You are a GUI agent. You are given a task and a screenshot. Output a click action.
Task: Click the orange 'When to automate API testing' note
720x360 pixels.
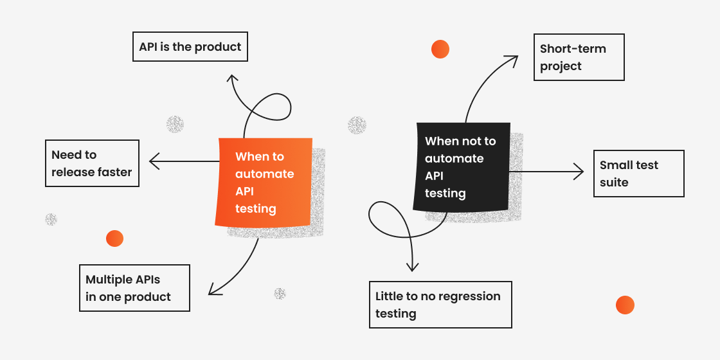click(264, 182)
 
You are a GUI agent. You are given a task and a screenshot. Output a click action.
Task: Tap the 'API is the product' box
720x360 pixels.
click(190, 47)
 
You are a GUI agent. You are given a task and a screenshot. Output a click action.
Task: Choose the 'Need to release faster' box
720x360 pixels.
click(92, 163)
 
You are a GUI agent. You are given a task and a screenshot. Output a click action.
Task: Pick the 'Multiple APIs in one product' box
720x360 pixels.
click(134, 288)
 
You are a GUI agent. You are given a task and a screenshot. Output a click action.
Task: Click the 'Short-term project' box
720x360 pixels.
click(579, 57)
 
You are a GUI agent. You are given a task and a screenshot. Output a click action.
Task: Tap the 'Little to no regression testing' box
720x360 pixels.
click(440, 305)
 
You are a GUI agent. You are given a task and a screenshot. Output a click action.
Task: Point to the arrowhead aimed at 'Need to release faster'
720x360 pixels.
click(152, 161)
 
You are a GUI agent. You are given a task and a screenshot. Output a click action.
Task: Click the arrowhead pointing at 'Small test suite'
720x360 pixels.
click(580, 172)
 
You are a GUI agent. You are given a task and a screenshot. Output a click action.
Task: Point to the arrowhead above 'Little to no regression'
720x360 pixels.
click(413, 267)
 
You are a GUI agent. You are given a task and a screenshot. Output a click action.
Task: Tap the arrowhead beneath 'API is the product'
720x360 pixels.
click(232, 78)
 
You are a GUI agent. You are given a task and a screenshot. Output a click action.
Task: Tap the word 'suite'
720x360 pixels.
click(614, 183)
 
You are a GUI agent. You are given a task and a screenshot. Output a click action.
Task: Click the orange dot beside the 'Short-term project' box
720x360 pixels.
click(440, 49)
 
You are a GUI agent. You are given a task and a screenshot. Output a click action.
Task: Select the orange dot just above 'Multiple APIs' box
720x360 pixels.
click(114, 239)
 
